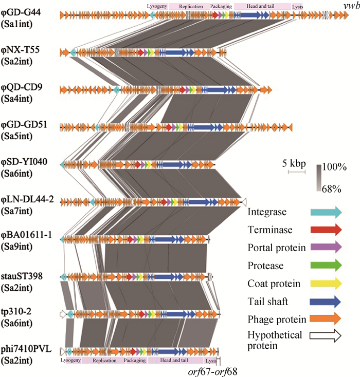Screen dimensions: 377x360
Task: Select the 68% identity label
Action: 332,189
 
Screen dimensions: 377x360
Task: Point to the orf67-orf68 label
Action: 212,369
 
